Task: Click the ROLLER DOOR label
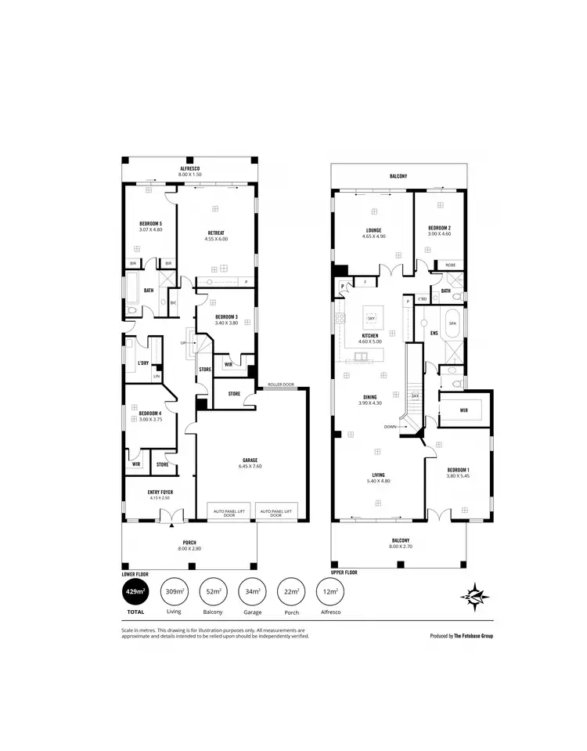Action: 279,385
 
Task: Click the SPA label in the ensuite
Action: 452,323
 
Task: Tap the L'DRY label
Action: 143,363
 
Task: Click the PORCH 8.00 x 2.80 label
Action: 189,545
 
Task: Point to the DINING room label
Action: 369,399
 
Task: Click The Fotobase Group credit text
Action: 462,636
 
